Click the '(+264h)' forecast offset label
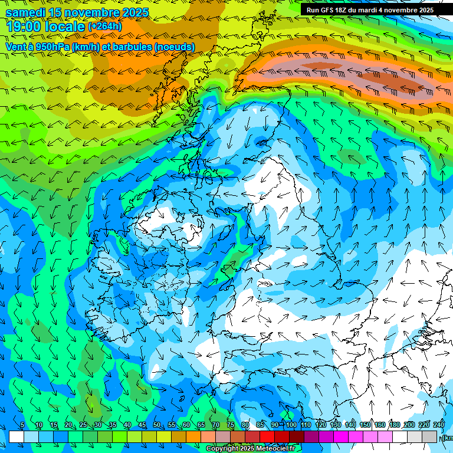(105, 27)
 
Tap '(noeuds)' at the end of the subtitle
(174, 47)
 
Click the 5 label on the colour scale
(22, 425)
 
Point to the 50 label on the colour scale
(157, 425)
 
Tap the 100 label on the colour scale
(291, 425)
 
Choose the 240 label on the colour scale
(438, 425)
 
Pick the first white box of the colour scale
(17, 436)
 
